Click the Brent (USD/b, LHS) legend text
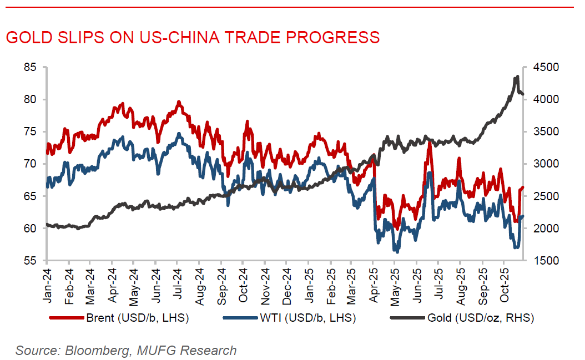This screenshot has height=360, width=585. click(137, 318)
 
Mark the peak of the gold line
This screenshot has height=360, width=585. click(517, 77)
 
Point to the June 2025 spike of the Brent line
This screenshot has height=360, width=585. click(429, 144)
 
